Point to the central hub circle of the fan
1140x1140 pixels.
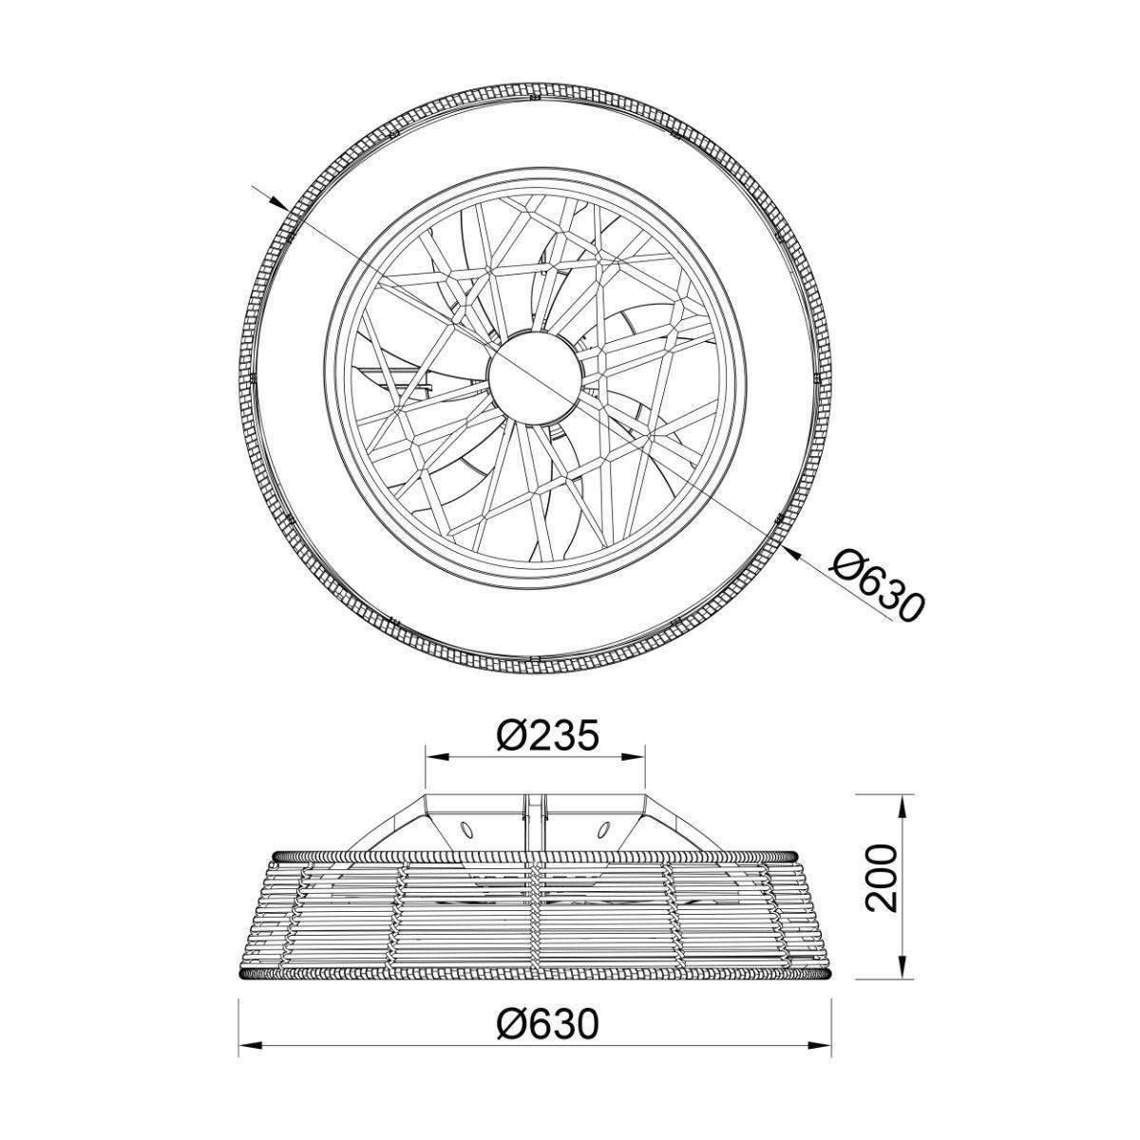(x=536, y=377)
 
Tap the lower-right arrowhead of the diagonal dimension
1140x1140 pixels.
(x=794, y=553)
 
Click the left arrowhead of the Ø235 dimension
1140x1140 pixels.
(x=437, y=756)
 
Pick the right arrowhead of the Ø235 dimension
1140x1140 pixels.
(x=634, y=756)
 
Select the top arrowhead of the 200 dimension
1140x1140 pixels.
(x=903, y=806)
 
